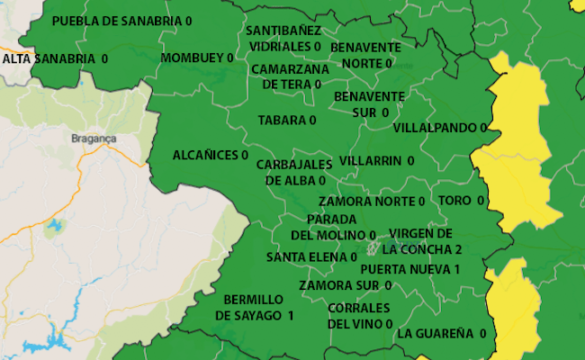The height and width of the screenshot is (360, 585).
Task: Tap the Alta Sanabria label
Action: coord(55,58)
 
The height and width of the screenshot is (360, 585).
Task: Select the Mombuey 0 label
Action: coord(196,58)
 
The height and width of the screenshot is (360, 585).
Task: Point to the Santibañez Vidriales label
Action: coord(283,38)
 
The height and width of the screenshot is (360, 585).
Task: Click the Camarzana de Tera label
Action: coord(286,76)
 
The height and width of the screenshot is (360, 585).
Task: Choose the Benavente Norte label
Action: coord(365,55)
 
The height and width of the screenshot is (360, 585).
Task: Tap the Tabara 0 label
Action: coord(286,120)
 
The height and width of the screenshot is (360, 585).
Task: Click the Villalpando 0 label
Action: coord(439,128)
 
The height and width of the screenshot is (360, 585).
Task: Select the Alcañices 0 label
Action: coord(210,155)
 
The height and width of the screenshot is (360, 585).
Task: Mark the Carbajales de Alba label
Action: coord(290,172)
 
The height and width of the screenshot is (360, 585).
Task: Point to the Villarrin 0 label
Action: coord(376,161)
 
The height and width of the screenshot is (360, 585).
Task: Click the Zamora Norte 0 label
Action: coord(371,201)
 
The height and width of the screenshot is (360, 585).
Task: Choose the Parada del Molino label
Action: coord(333,227)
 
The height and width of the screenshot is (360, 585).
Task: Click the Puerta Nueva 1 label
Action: coord(410,269)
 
